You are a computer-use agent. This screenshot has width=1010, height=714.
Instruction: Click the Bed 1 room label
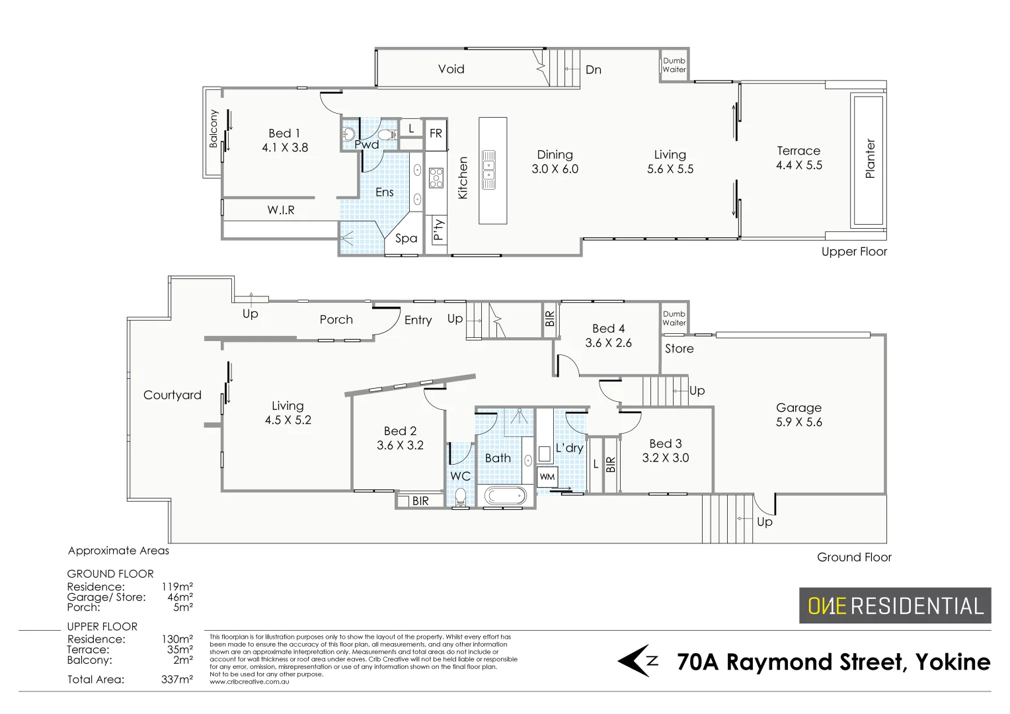[284, 134]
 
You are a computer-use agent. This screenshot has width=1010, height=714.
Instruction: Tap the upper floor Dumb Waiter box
[674, 65]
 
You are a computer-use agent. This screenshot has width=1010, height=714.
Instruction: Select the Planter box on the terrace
[869, 160]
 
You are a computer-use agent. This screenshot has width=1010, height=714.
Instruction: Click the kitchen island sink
[489, 169]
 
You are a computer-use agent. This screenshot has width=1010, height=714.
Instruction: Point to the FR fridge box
[436, 134]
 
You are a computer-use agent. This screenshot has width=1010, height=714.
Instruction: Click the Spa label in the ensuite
[406, 239]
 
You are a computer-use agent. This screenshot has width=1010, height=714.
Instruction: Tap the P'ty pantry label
[438, 231]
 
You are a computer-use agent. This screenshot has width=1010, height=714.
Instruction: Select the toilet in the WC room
[461, 497]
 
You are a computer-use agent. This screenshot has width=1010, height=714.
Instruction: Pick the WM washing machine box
[547, 477]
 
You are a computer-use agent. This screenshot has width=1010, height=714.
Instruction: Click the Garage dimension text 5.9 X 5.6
[798, 422]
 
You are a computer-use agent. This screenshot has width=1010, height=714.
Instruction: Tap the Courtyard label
[172, 395]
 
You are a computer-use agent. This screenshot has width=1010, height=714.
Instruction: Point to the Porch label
[336, 320]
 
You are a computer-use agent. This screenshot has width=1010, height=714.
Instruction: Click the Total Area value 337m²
[177, 680]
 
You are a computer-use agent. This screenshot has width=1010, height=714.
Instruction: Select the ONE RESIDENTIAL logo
[895, 606]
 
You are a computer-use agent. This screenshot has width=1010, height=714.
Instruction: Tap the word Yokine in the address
[952, 662]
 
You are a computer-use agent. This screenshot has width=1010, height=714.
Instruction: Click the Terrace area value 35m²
[179, 650]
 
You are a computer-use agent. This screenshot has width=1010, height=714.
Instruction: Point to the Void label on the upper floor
[451, 69]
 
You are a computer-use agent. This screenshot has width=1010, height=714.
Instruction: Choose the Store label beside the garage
[679, 349]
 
